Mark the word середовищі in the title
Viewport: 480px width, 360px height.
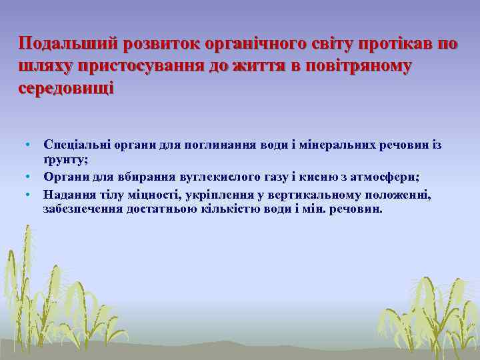click(x=67, y=89)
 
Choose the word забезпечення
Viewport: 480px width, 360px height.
click(x=80, y=209)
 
